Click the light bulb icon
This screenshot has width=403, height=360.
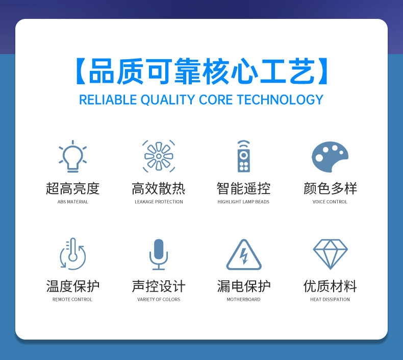[x=72, y=156]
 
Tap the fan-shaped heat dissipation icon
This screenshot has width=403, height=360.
[x=159, y=156]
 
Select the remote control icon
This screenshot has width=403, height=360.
[x=243, y=156]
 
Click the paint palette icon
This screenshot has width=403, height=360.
[x=330, y=156]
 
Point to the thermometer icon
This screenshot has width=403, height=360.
[x=72, y=253]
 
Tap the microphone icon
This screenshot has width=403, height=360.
[x=159, y=254]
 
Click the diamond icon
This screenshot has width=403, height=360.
[x=330, y=254]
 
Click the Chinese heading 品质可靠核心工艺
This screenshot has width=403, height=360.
[x=201, y=72]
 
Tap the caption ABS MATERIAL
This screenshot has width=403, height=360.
[x=72, y=202]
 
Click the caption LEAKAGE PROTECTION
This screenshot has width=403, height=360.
[x=159, y=202]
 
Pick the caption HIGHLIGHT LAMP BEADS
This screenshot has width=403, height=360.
[x=243, y=202]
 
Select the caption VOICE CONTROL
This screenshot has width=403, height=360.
[x=330, y=202]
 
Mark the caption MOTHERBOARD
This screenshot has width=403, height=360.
[x=243, y=299]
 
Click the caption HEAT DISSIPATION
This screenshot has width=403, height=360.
[x=330, y=299]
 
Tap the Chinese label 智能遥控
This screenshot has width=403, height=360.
[x=243, y=188]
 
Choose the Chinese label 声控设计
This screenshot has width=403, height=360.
[x=159, y=286]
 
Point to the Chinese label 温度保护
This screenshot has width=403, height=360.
[x=72, y=286]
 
